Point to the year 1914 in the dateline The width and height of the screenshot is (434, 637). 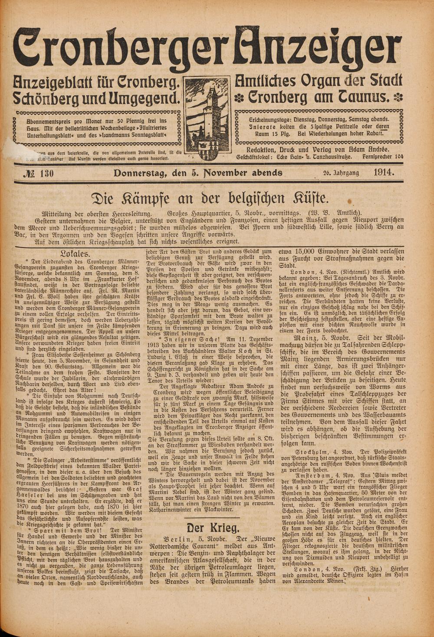point(383,173)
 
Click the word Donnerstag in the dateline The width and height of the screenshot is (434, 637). point(138,174)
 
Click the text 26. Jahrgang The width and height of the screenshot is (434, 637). point(341,173)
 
